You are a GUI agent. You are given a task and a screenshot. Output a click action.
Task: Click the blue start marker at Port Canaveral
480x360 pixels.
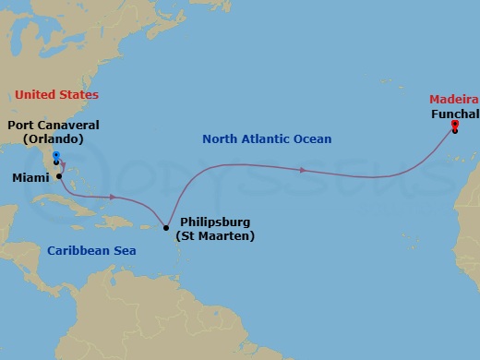pyautogui.click(x=56, y=155)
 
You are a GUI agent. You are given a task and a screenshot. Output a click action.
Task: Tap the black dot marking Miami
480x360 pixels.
pyautogui.click(x=60, y=175)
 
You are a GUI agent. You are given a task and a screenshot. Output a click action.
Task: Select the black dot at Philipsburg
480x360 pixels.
pyautogui.click(x=165, y=227)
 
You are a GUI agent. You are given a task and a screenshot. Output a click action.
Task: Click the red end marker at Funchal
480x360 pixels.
pyautogui.click(x=455, y=124)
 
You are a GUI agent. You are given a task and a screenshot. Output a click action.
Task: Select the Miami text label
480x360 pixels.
pyautogui.click(x=30, y=175)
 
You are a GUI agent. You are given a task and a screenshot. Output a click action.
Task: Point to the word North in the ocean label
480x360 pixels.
pyautogui.click(x=221, y=139)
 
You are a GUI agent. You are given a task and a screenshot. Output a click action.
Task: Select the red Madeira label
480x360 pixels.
pyautogui.click(x=453, y=99)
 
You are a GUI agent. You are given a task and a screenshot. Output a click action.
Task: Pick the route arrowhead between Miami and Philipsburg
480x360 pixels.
pyautogui.click(x=113, y=197)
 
